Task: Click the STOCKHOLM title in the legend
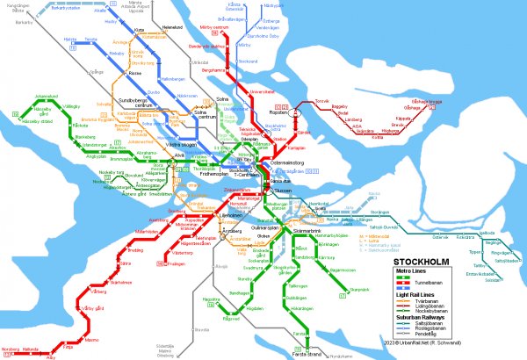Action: [423, 262]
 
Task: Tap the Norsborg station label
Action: [11, 350]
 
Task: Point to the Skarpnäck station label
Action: [358, 289]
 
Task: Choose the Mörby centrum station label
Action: [214, 27]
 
